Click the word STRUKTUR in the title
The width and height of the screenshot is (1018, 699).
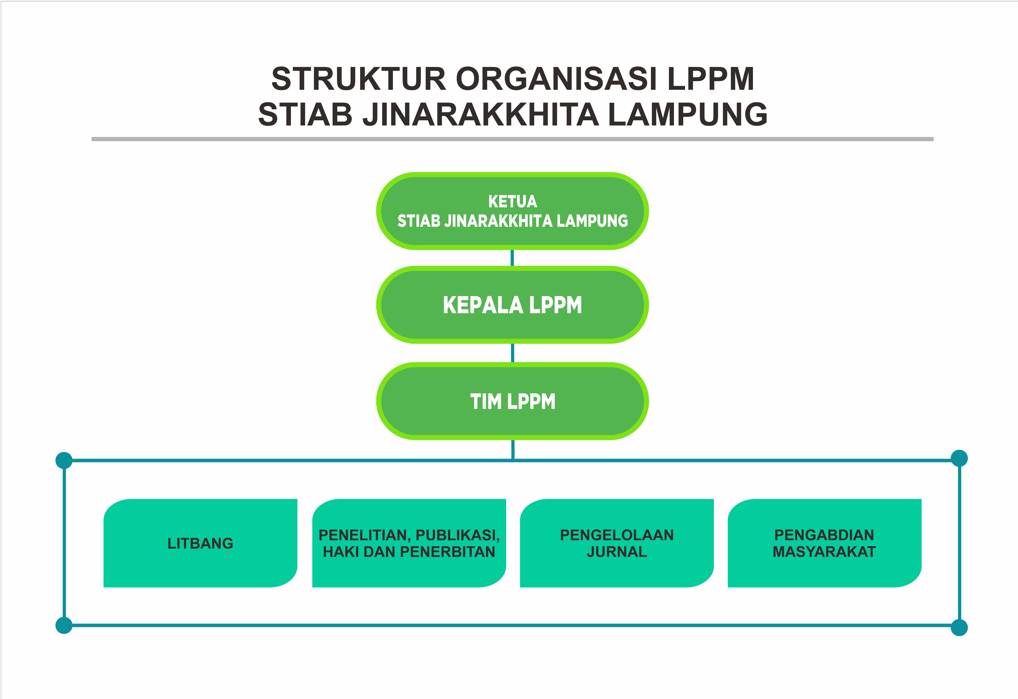(358, 79)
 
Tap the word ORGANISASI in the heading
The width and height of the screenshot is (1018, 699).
(556, 79)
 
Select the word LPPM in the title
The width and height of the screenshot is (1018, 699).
(711, 79)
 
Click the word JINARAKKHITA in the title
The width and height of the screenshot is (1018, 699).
(480, 114)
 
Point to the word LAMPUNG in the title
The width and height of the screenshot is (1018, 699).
(688, 114)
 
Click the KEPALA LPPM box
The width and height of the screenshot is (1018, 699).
(512, 305)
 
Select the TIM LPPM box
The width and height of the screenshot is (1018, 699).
(512, 401)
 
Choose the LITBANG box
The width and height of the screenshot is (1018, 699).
(200, 543)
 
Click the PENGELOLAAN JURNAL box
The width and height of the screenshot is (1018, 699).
(617, 543)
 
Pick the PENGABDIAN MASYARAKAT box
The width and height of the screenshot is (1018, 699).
(824, 543)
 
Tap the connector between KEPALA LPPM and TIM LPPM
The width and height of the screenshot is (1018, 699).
(512, 353)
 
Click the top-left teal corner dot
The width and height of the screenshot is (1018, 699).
(64, 460)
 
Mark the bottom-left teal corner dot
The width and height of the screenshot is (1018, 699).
(64, 625)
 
